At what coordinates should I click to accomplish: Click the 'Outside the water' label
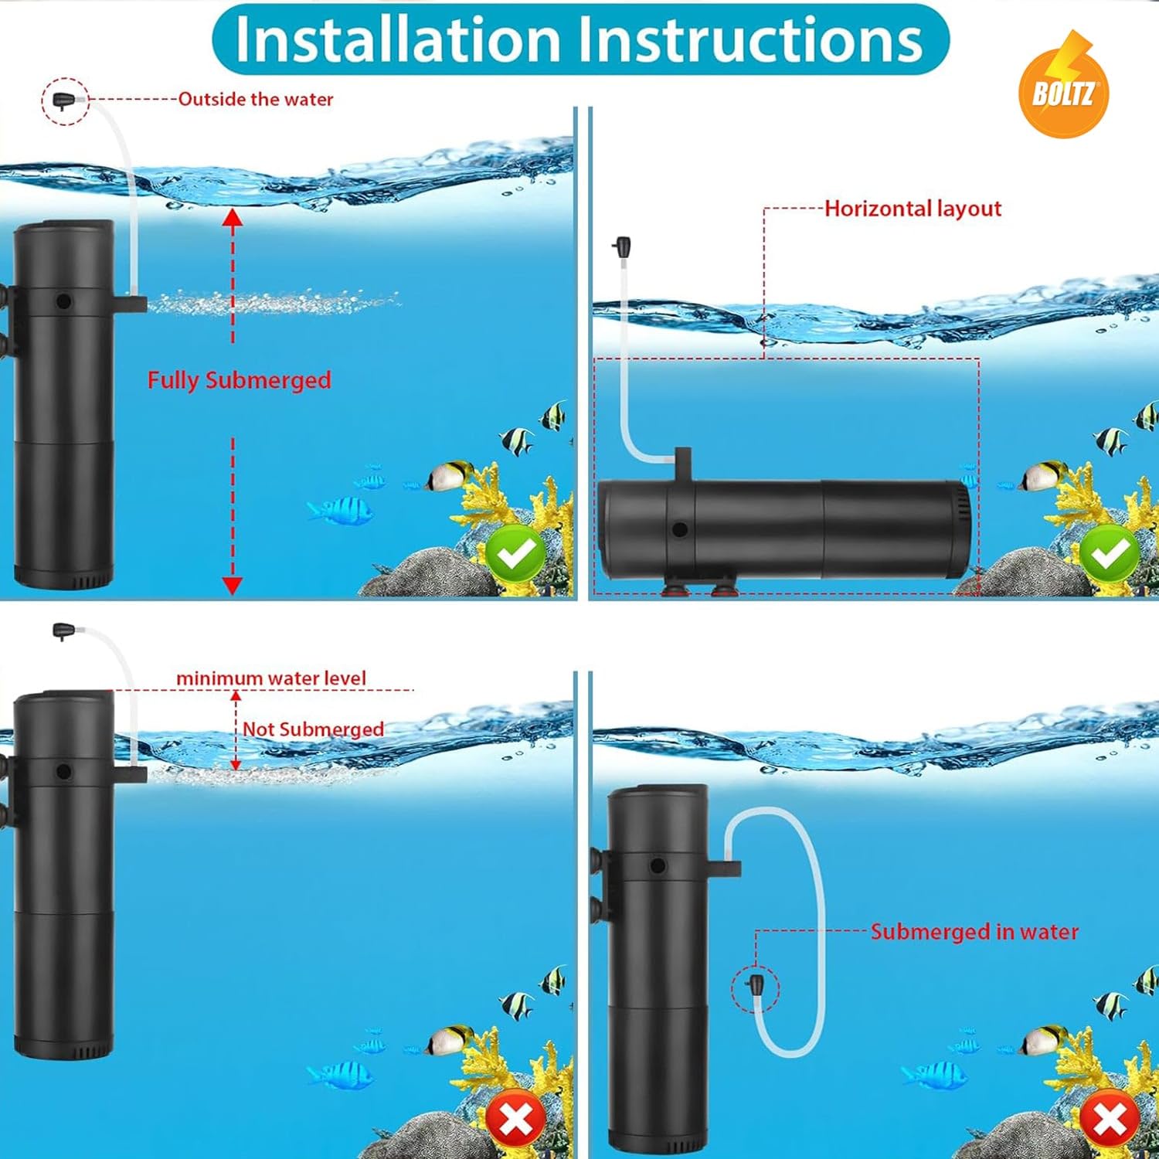pyautogui.click(x=256, y=100)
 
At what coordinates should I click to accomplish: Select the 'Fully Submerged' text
pyautogui.click(x=239, y=380)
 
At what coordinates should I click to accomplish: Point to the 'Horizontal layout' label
pyautogui.click(x=913, y=209)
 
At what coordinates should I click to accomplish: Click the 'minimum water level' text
pyautogui.click(x=270, y=678)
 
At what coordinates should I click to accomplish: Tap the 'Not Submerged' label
pyautogui.click(x=313, y=729)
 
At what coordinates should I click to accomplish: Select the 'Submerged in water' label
pyautogui.click(x=974, y=932)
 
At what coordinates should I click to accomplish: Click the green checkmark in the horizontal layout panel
pyautogui.click(x=1110, y=553)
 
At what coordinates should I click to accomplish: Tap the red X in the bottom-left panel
pyautogui.click(x=515, y=1118)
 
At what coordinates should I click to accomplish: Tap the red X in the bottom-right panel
pyautogui.click(x=1110, y=1118)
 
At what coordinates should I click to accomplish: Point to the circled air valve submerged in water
pyautogui.click(x=755, y=987)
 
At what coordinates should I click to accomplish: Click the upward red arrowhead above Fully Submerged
pyautogui.click(x=233, y=218)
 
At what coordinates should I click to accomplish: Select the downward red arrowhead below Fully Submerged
pyautogui.click(x=233, y=585)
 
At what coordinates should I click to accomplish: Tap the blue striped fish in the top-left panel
pyautogui.click(x=342, y=511)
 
